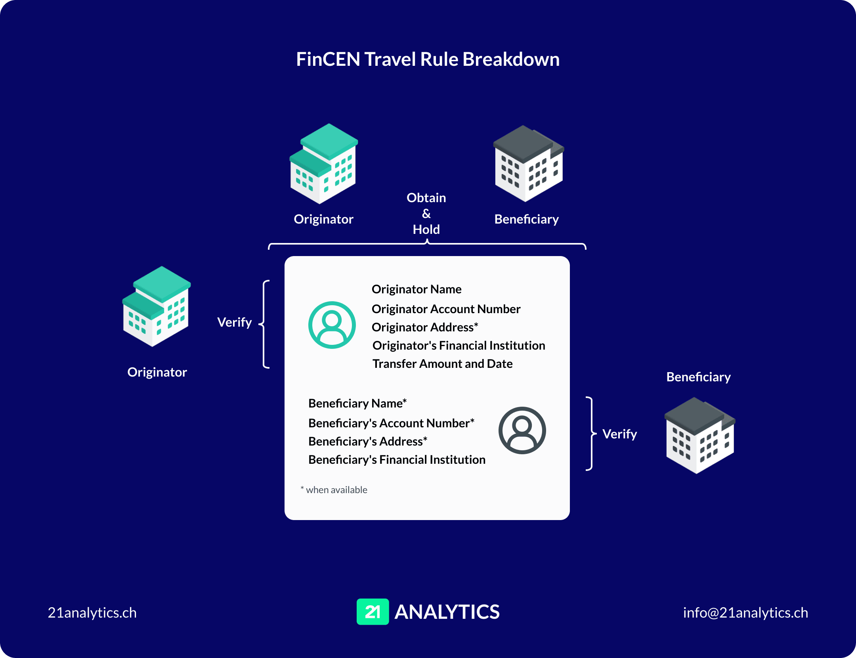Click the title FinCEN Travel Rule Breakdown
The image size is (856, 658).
428,59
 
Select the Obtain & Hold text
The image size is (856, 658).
426,214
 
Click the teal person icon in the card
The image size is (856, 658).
332,325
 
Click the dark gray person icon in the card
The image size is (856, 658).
522,430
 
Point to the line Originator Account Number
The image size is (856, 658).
446,309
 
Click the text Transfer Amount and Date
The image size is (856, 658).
442,363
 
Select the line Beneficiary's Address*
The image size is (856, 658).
368,441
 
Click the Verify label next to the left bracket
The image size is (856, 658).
234,322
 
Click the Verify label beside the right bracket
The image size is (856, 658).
619,434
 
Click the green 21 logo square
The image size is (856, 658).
373,612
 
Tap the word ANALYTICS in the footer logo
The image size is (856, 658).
447,612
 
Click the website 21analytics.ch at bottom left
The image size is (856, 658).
92,613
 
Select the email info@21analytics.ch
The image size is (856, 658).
745,613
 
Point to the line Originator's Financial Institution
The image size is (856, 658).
459,345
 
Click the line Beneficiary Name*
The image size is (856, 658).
357,403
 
